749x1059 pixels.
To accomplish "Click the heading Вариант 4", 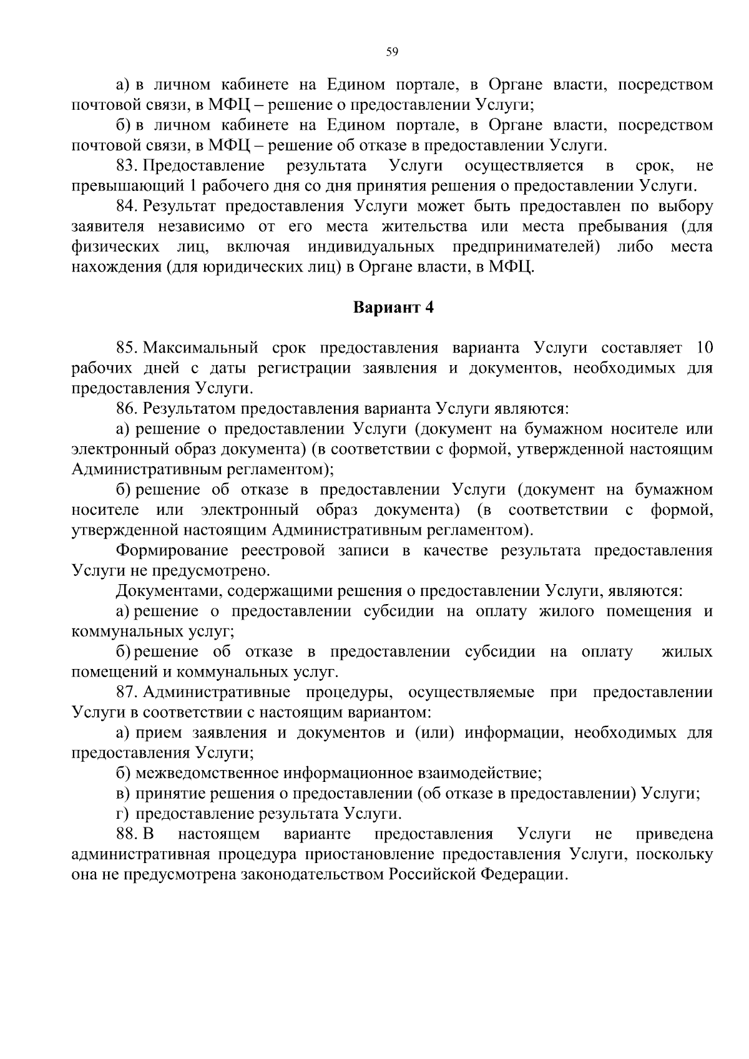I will coord(393,308).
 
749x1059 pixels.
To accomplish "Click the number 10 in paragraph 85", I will coord(703,348).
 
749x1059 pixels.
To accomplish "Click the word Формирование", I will coord(167,550).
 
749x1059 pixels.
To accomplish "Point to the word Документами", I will coord(164,591).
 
